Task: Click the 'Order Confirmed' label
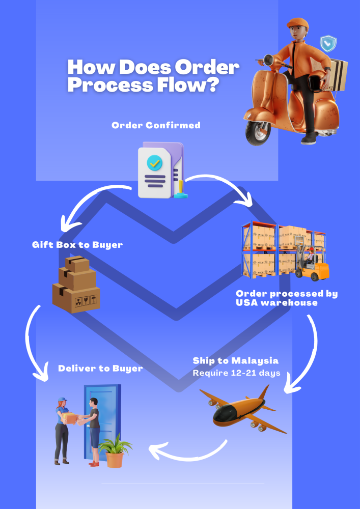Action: point(156,125)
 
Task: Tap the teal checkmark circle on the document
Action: point(154,163)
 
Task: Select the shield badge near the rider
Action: point(328,43)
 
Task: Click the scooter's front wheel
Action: point(258,133)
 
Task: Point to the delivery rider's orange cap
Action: point(297,24)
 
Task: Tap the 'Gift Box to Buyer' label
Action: point(77,245)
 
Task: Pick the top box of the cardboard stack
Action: point(77,264)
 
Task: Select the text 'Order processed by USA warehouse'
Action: point(287,298)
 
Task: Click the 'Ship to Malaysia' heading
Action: point(235,361)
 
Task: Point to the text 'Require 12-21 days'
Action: point(236,373)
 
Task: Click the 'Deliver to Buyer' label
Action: point(100,369)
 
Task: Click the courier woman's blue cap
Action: point(62,400)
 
